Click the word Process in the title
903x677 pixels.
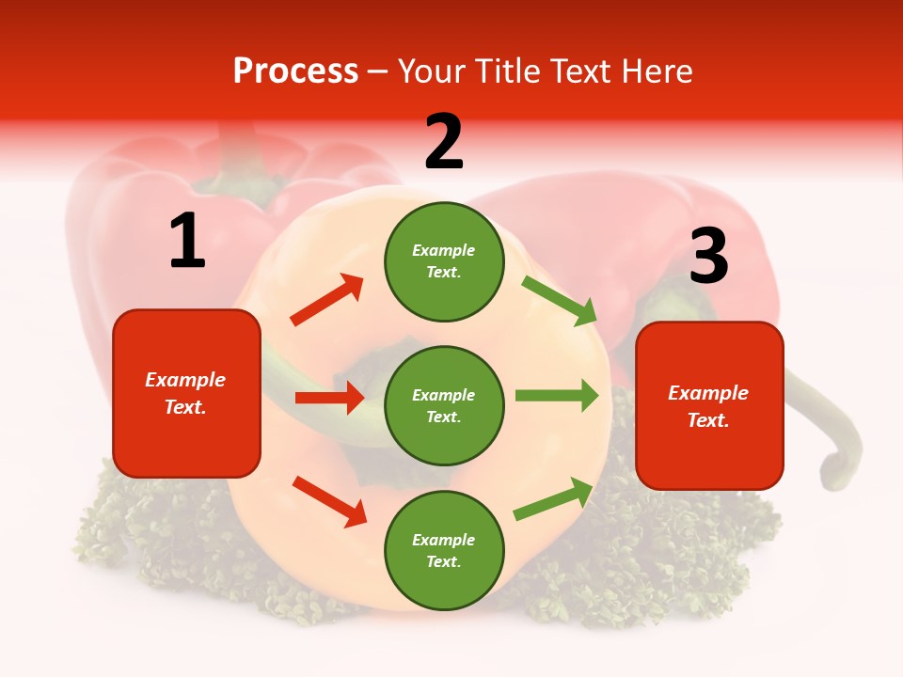pos(295,71)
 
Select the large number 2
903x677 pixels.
pos(444,142)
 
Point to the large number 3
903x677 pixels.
pos(708,256)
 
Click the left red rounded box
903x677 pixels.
pos(186,393)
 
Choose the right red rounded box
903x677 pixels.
pos(709,405)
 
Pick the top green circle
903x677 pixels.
pos(444,261)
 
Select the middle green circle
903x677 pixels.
pos(444,405)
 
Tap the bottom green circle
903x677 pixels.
pos(444,550)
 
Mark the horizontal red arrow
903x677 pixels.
pos(329,398)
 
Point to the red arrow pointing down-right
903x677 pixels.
pos(329,501)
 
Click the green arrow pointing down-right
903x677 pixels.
pos(560,300)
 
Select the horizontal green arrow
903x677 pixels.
pos(557,396)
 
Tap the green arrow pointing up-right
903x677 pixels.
pos(554,499)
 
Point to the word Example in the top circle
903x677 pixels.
pos(444,250)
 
